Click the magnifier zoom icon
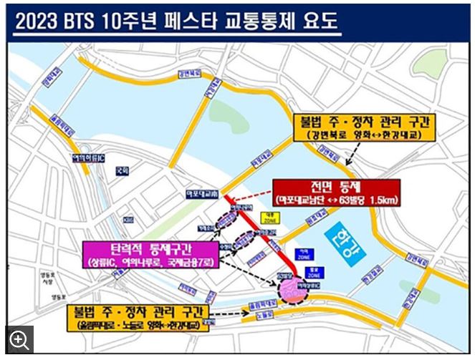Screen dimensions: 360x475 point(19,339)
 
